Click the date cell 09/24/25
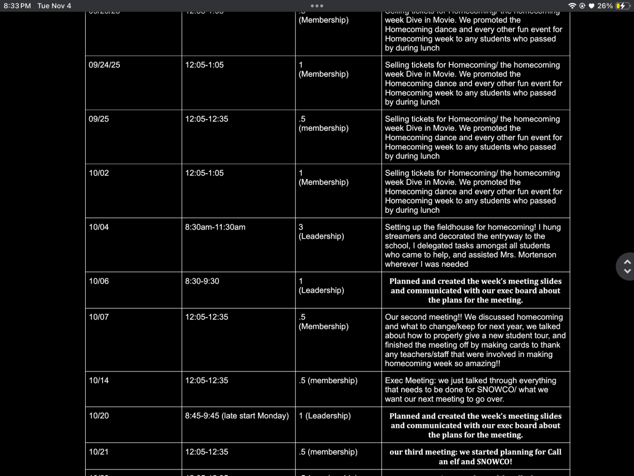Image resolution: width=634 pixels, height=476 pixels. point(105,65)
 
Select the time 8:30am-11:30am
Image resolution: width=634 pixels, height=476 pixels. point(215,227)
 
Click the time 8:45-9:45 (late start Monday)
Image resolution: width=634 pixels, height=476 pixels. point(237,416)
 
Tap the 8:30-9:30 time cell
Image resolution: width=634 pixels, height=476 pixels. point(202,281)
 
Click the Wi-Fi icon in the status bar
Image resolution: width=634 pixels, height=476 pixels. point(572,6)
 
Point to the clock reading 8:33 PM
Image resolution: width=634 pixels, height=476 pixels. point(17,6)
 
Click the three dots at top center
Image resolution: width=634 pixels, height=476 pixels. point(317,6)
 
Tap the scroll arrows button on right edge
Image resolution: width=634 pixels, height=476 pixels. point(627,266)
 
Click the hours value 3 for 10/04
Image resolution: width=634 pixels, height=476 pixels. point(301,227)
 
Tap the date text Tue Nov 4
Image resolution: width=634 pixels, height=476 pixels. point(54,6)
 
